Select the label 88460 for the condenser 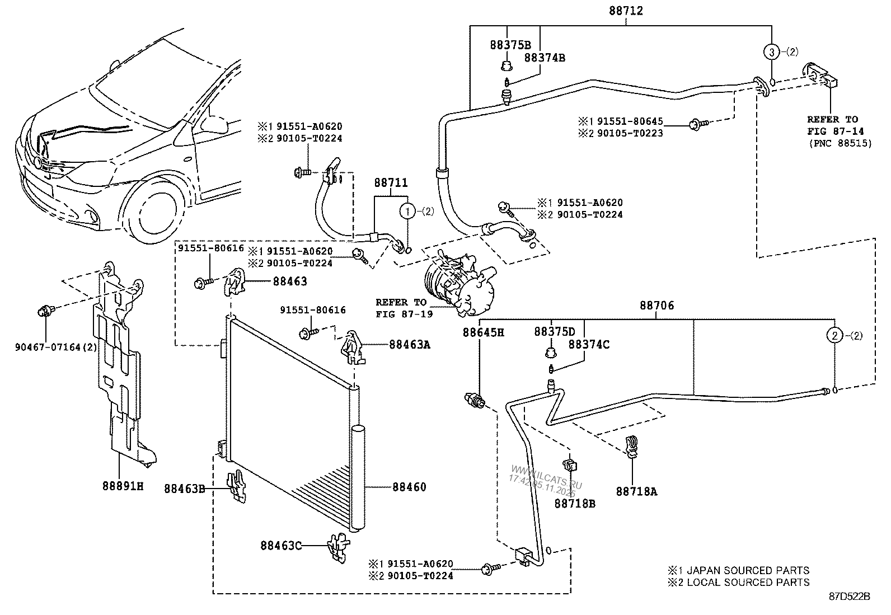point(409,487)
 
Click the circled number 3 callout point(771,52)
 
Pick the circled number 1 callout point(408,211)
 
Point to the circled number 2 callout point(834,336)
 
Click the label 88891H point(123,487)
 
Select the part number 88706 point(657,306)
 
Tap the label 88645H point(483,332)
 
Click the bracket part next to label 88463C point(337,546)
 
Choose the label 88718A point(636,491)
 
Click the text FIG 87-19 point(405,314)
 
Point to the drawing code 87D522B point(849,597)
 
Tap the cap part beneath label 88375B point(507,67)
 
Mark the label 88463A point(410,345)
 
